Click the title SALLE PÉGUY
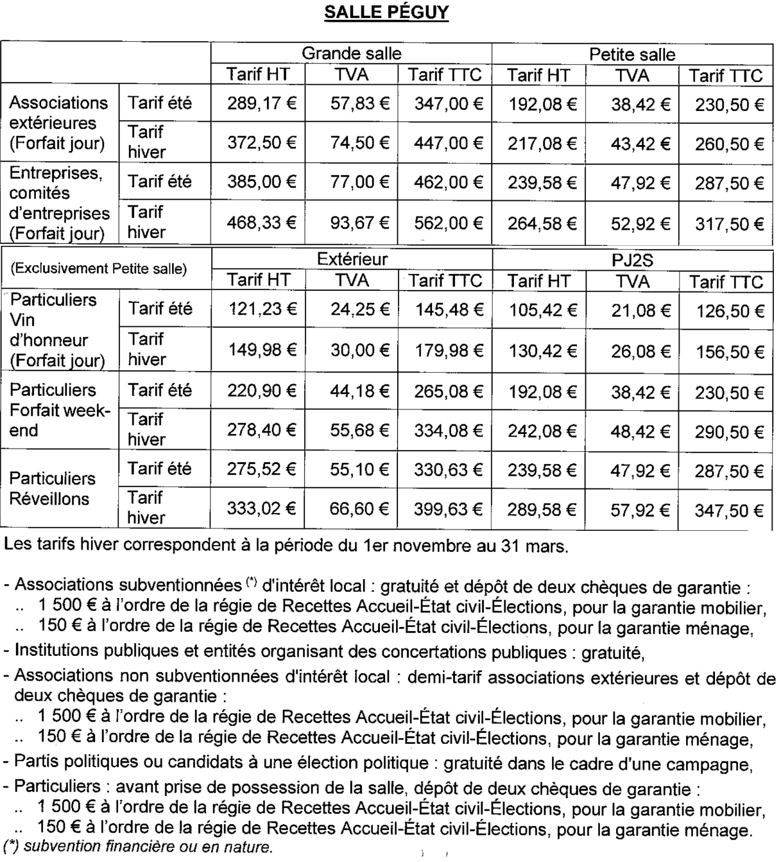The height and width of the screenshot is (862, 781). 386,13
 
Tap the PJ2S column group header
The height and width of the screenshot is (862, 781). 632,261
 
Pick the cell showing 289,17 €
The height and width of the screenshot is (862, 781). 261,103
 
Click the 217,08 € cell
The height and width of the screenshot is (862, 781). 542,142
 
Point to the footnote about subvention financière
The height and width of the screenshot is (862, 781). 137,847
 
